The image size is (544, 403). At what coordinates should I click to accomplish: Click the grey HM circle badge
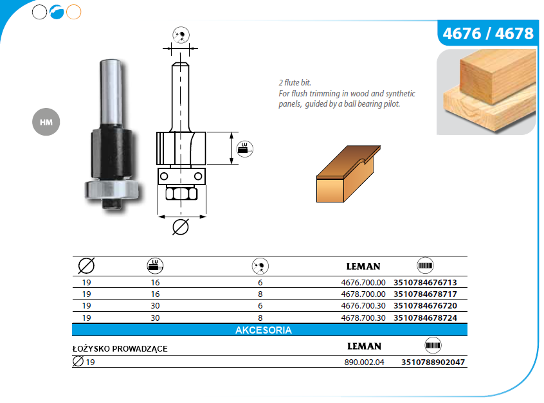point(46,121)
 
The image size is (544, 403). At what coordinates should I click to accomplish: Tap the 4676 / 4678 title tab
point(488,33)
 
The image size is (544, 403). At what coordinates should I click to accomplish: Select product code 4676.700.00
point(363,283)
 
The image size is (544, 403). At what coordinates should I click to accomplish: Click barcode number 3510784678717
point(425,294)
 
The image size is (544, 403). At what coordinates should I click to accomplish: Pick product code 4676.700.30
point(363,306)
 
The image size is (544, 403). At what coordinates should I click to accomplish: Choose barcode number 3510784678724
point(425,318)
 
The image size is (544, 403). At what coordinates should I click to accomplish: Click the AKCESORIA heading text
point(264,330)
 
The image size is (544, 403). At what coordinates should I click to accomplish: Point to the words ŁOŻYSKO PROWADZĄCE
point(120,348)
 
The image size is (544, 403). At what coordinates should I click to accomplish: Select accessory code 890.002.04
point(365,363)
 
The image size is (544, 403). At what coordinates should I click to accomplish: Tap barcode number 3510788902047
point(433,363)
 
